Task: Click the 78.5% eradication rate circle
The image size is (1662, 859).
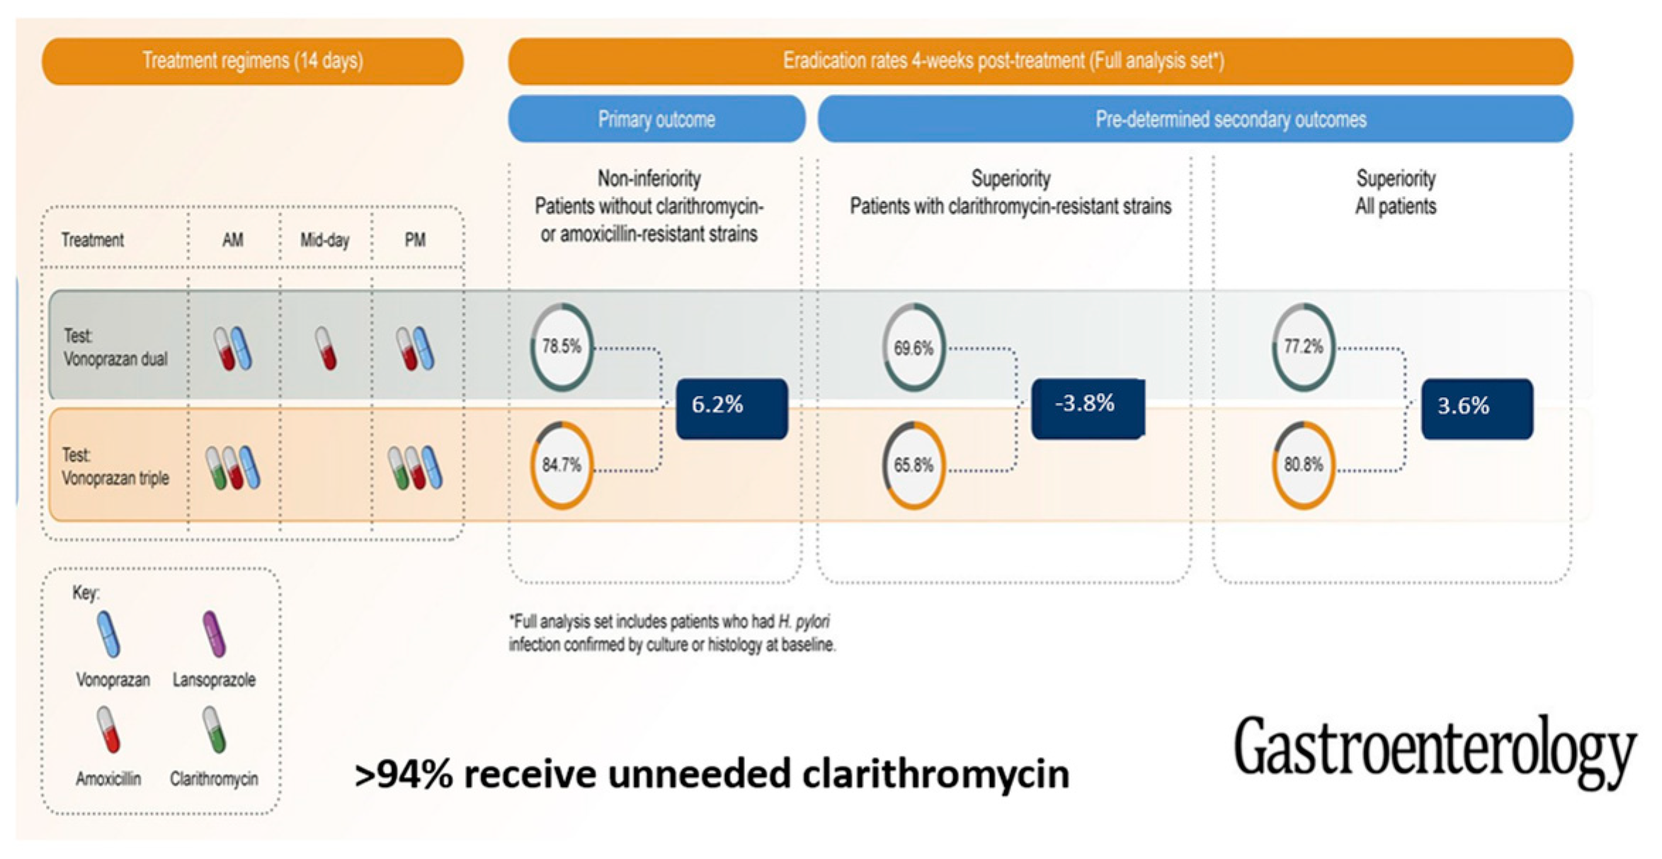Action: tap(562, 347)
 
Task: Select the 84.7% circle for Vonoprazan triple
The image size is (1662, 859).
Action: tap(562, 465)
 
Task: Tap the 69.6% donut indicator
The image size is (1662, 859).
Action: tap(913, 348)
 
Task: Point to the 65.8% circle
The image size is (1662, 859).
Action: tap(913, 465)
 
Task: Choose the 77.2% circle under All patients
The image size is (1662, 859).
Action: tap(1303, 346)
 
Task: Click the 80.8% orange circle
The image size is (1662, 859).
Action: tap(1303, 465)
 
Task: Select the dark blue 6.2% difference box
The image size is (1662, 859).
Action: tap(732, 409)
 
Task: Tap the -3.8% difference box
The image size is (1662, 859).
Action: tap(1087, 409)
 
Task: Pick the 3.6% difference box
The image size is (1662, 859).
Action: tap(1477, 409)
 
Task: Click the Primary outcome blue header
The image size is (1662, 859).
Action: tap(656, 119)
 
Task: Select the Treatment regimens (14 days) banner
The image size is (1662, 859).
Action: tap(253, 61)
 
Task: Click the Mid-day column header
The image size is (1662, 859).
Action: tap(325, 240)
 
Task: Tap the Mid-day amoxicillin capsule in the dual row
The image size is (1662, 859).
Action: tap(326, 348)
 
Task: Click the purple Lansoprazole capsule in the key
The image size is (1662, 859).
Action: tap(214, 634)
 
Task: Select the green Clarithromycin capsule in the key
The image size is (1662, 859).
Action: tap(214, 729)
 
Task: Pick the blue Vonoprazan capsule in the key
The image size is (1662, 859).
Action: tap(108, 634)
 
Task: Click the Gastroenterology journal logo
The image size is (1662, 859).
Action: tap(1435, 751)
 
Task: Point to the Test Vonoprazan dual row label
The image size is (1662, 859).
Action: tap(115, 347)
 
